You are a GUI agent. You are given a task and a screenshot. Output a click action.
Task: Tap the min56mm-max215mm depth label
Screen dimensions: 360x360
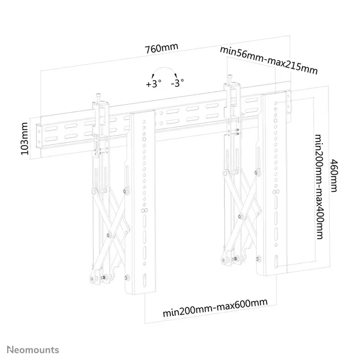(x=268, y=60)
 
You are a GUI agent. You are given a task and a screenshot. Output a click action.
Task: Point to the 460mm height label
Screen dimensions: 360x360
(x=334, y=175)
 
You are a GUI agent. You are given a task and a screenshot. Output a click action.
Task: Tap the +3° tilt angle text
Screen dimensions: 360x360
(x=153, y=83)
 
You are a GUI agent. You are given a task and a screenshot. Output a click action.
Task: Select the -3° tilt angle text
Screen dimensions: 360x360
(x=178, y=83)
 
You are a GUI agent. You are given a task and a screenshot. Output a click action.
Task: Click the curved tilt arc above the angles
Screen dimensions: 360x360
(x=166, y=71)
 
